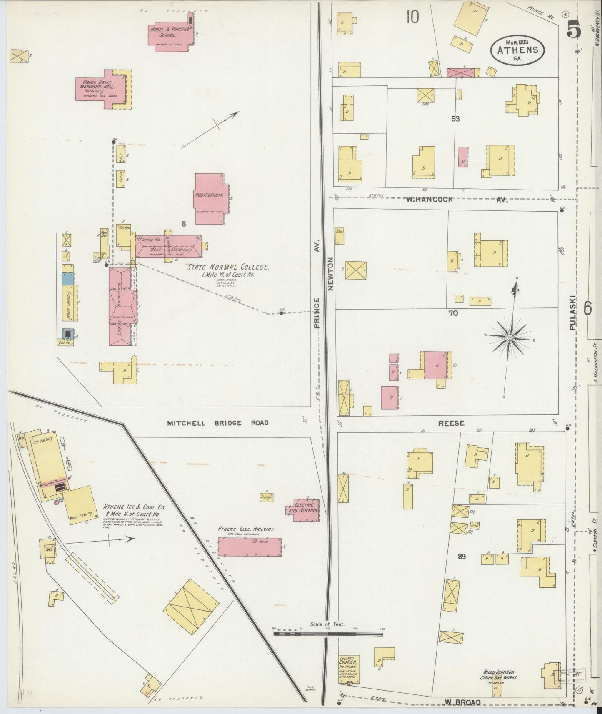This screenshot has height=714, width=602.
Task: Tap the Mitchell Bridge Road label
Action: pos(217,423)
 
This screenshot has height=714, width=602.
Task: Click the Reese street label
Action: pos(451,423)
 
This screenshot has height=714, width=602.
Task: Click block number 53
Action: pos(455,119)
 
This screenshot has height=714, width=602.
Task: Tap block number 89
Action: pos(461,557)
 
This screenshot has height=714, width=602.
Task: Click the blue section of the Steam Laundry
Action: pos(67,279)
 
